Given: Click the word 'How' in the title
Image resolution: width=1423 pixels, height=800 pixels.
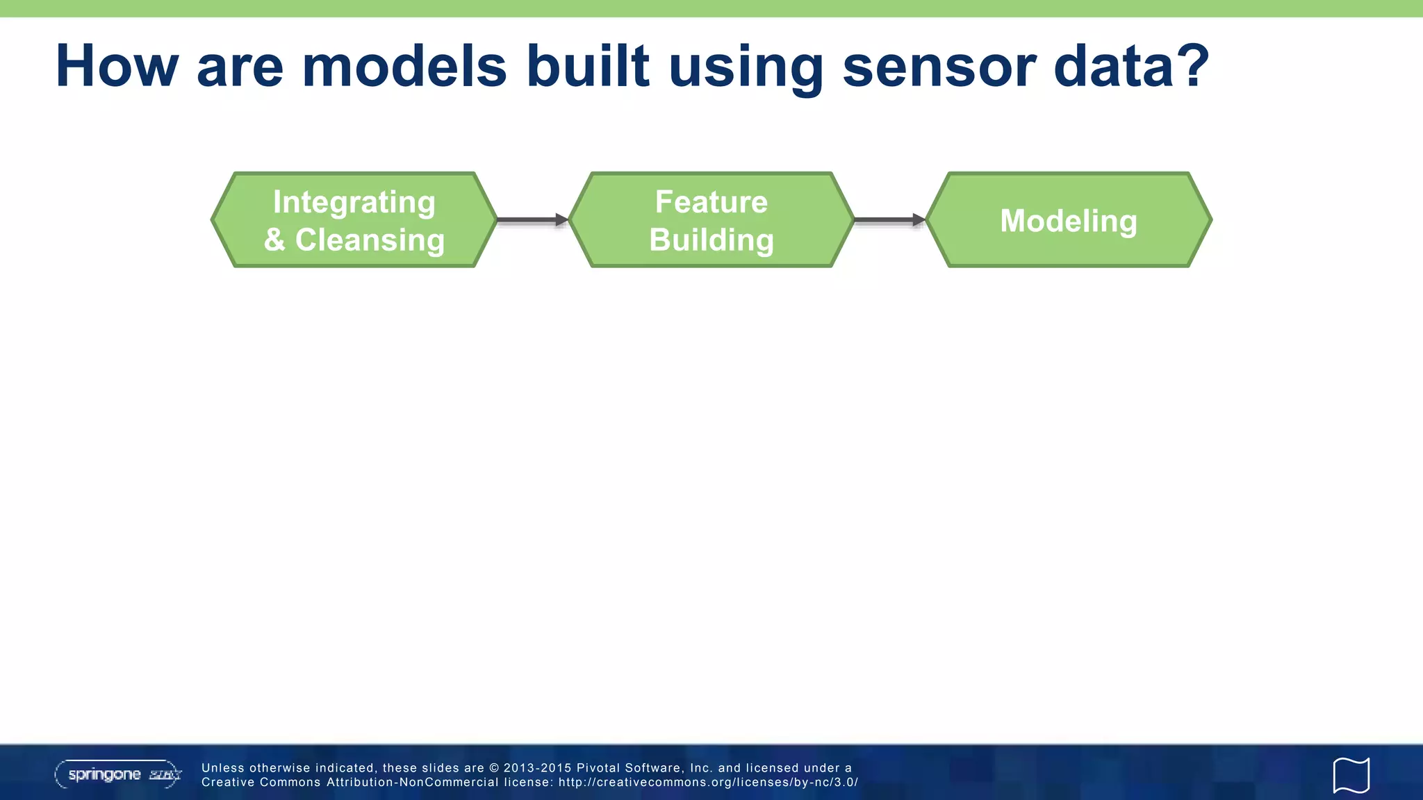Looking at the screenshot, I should pyautogui.click(x=117, y=67).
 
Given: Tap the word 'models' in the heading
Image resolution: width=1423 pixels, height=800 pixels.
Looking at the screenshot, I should pyautogui.click(x=404, y=67).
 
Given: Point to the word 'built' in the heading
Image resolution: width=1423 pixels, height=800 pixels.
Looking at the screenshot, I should pyautogui.click(x=588, y=67).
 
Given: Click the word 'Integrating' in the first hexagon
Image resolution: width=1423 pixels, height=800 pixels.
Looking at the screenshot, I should pyautogui.click(x=354, y=202).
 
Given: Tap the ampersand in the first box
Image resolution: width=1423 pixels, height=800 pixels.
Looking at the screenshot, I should pyautogui.click(x=274, y=240).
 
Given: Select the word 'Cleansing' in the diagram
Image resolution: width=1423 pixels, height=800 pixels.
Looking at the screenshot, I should pyautogui.click(x=370, y=240).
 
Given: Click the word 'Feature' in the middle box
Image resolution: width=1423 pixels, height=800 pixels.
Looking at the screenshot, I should pyautogui.click(x=711, y=202).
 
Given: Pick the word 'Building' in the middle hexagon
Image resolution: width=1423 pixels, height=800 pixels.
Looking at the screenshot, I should pyautogui.click(x=711, y=240).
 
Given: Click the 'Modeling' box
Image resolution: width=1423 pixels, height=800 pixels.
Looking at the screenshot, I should pyautogui.click(x=1069, y=221).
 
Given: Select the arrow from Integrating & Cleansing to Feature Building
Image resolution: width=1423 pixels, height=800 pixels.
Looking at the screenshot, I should pyautogui.click(x=532, y=220).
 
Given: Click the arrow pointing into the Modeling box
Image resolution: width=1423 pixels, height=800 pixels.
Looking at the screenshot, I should pyautogui.click(x=889, y=220).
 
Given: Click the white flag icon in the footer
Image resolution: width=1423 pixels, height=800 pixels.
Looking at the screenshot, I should pyautogui.click(x=1351, y=775).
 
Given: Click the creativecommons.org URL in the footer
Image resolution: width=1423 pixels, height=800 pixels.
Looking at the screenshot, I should pyautogui.click(x=708, y=783).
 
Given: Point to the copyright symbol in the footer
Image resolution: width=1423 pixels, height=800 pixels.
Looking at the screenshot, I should pyautogui.click(x=494, y=768).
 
